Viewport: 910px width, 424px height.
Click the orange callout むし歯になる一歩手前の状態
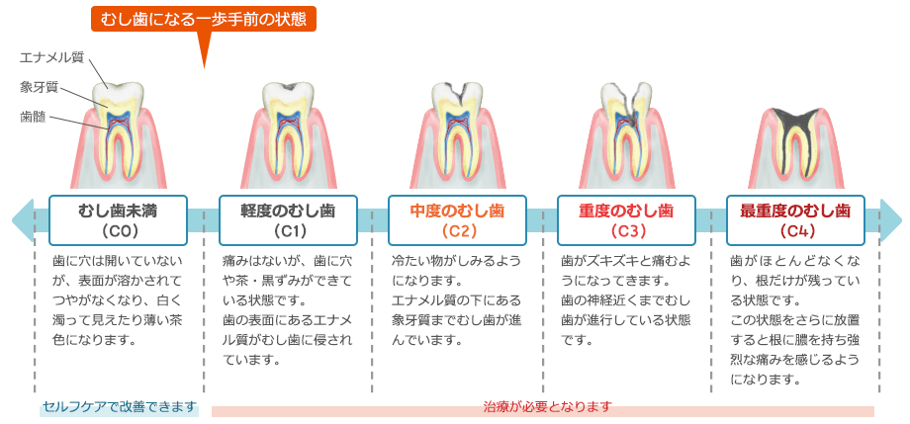click(204, 19)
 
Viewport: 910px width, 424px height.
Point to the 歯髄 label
click(32, 118)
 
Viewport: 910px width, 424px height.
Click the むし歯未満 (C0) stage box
click(119, 220)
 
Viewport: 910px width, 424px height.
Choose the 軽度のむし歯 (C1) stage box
click(288, 220)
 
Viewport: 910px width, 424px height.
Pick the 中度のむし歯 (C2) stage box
click(457, 220)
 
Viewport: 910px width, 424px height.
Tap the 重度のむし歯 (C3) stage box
click(626, 220)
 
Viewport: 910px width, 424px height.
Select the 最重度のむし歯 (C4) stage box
click(795, 220)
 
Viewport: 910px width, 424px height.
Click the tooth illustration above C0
click(119, 133)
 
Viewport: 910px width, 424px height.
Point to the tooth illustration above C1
click(288, 133)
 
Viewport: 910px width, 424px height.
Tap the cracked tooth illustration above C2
click(457, 133)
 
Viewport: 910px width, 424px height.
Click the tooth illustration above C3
click(626, 133)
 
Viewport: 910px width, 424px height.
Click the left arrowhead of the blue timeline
click(23, 220)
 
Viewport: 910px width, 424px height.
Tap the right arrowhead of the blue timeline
click(891, 220)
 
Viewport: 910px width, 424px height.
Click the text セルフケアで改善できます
click(120, 406)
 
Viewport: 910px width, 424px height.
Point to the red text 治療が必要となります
click(547, 406)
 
